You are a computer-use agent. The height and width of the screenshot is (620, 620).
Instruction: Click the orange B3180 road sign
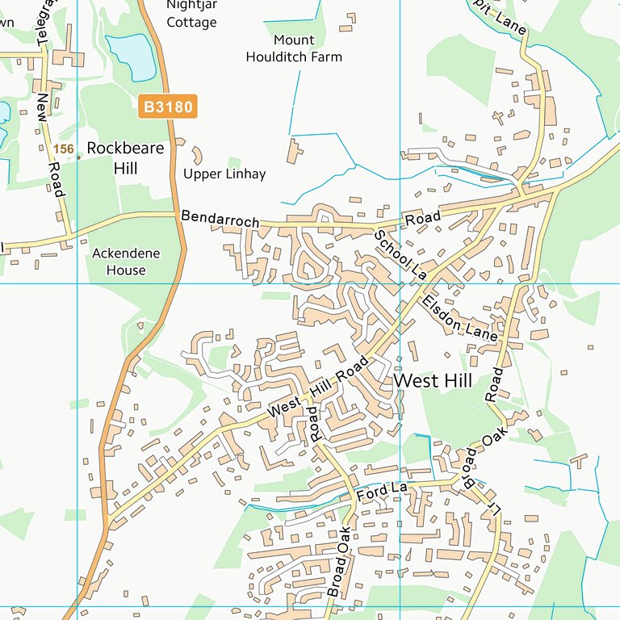click(x=167, y=107)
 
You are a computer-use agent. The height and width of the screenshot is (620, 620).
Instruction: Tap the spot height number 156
click(x=63, y=149)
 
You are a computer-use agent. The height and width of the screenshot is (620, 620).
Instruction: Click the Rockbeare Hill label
click(x=124, y=158)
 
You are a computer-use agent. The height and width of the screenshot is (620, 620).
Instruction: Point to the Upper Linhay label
click(x=224, y=174)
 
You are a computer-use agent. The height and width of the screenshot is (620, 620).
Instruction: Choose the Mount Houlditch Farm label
click(x=295, y=48)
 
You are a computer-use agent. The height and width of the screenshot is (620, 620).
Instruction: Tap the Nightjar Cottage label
click(x=191, y=14)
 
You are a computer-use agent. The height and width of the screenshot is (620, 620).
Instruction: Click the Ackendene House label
click(x=126, y=262)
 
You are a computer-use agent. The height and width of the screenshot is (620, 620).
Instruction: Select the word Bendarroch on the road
click(x=220, y=219)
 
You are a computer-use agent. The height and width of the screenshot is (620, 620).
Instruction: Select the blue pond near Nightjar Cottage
click(x=130, y=57)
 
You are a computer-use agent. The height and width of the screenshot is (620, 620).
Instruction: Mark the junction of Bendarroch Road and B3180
click(x=177, y=214)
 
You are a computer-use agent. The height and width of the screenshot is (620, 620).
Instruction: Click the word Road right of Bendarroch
click(x=423, y=218)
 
